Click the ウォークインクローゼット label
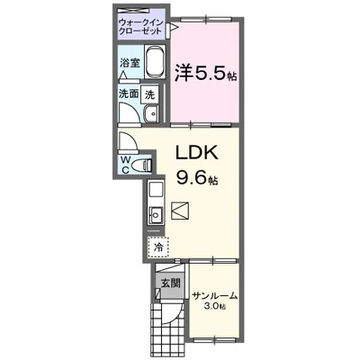[141, 25]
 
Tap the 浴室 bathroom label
[130, 64]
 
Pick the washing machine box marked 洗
[151, 94]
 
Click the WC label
[125, 163]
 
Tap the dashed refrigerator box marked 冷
[156, 245]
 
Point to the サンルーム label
[213, 294]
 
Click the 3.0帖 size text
[213, 307]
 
